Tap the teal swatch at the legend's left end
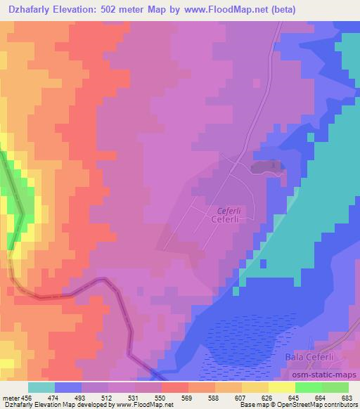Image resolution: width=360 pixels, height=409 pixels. [x=41, y=387]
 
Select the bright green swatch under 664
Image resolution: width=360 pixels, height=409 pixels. [x=308, y=387]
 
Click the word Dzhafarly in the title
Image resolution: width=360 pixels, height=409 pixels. [x=29, y=9]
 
